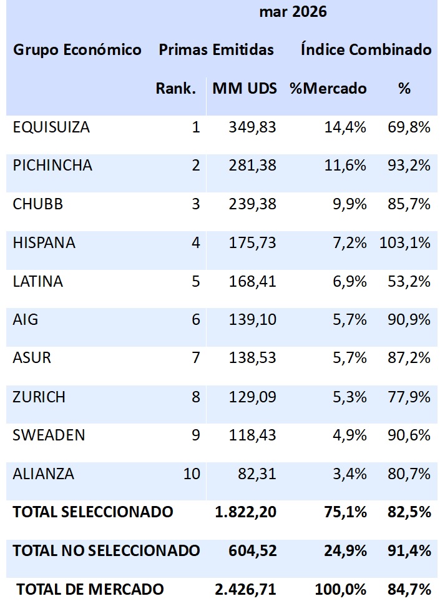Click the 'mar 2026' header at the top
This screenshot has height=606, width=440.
point(293,12)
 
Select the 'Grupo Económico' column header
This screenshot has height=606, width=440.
point(77,50)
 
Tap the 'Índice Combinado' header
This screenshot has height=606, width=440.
point(366,50)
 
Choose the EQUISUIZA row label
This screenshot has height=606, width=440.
point(51,127)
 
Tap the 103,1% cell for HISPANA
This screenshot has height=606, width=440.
point(405,243)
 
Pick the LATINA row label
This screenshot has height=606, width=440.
point(37,281)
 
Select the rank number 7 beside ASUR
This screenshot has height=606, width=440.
point(195,359)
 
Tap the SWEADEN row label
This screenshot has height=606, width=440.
point(49,435)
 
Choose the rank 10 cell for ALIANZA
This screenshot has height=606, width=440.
point(192,474)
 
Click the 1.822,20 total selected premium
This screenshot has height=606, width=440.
point(244,512)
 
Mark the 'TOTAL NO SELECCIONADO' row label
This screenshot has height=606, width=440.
point(106,550)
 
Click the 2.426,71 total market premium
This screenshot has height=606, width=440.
point(244,589)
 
